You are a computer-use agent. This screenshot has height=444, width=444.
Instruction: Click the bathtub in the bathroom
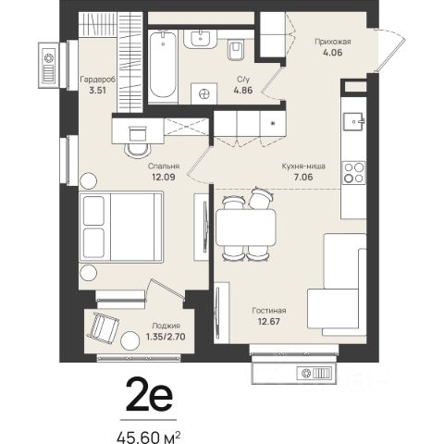click(163, 65)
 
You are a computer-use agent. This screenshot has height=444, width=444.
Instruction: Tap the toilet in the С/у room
click(236, 50)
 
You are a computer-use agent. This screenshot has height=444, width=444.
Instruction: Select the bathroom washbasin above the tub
click(201, 39)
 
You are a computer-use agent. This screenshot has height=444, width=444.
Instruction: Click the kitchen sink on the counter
click(354, 121)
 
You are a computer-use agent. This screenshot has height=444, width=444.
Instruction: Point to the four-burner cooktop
click(354, 173)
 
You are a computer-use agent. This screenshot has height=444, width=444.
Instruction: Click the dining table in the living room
click(246, 228)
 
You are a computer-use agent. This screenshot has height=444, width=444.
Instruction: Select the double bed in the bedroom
click(121, 227)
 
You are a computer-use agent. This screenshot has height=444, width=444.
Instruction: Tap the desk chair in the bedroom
click(138, 142)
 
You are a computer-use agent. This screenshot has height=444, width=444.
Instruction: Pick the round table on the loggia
click(130, 340)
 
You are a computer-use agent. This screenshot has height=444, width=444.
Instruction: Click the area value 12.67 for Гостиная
click(269, 322)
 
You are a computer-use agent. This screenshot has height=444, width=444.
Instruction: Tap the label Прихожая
click(333, 42)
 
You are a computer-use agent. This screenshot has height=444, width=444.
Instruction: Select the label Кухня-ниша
click(303, 166)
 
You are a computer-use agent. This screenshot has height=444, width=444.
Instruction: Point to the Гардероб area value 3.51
click(97, 91)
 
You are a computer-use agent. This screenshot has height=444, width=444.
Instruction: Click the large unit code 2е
click(149, 396)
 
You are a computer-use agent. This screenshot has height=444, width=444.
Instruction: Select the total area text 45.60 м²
click(148, 438)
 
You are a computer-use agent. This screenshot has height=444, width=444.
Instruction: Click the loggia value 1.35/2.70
click(166, 337)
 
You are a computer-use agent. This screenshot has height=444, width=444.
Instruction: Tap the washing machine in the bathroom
click(203, 93)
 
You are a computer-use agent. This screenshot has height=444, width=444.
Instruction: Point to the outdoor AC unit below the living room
click(314, 374)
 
